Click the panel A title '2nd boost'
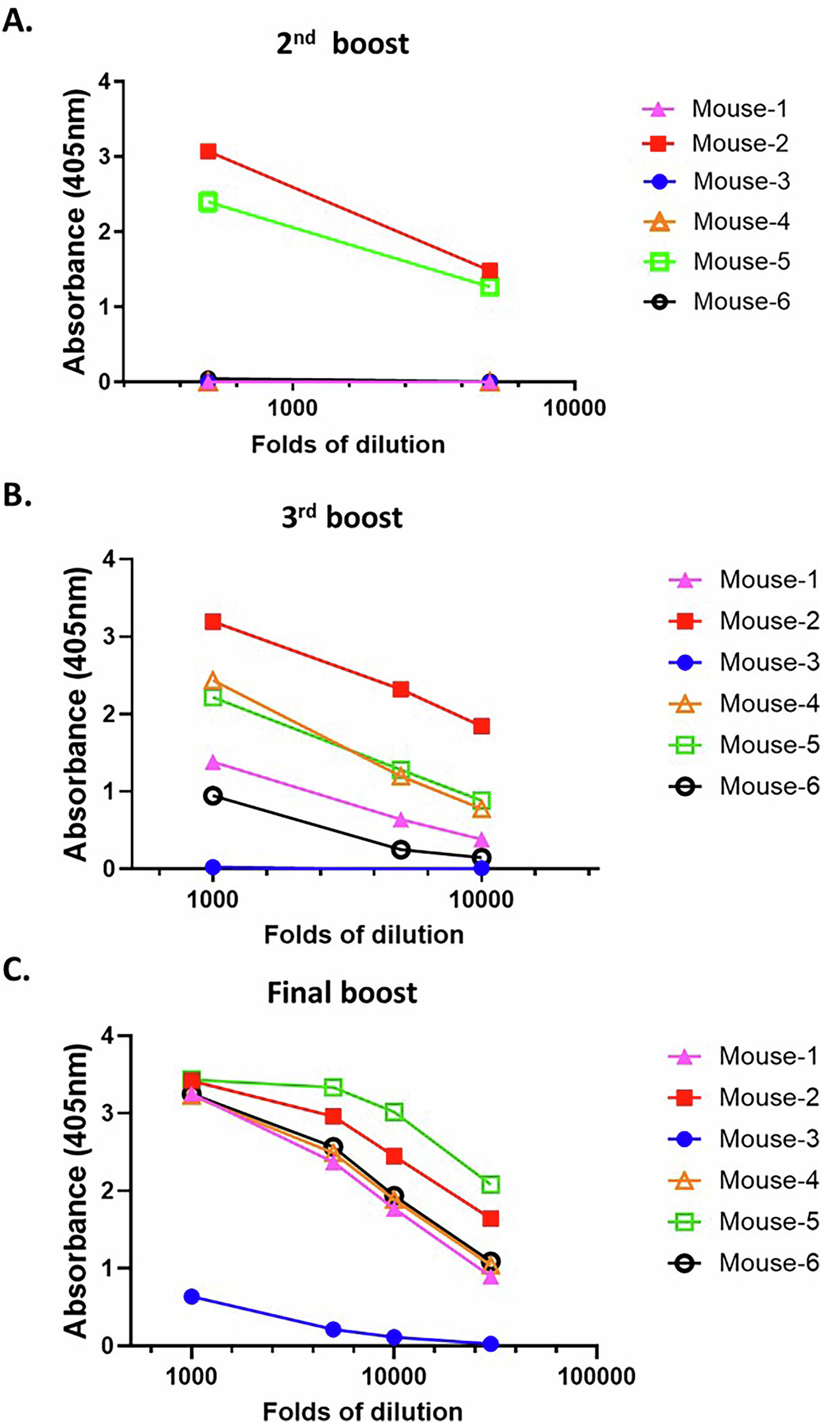[x=342, y=44]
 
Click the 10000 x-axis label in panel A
[x=574, y=408]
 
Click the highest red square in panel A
[x=208, y=151]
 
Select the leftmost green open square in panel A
[x=208, y=202]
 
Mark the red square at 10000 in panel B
[x=481, y=726]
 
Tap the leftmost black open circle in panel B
[x=213, y=796]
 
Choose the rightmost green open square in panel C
[x=490, y=1185]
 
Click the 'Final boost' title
[x=342, y=993]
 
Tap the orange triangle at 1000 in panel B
[x=213, y=681]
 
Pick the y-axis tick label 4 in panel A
[x=104, y=81]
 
